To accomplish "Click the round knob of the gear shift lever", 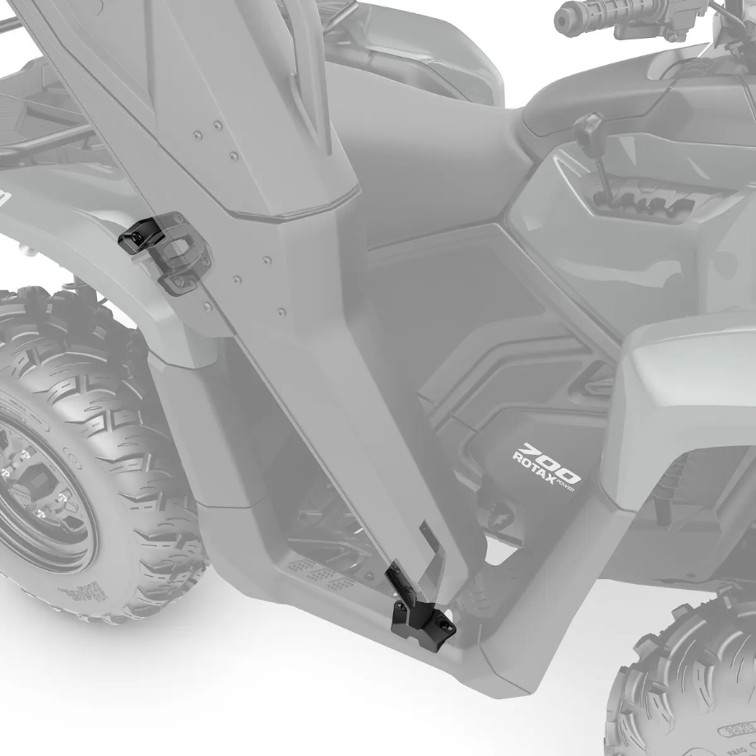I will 588,125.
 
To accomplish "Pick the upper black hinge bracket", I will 141,234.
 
